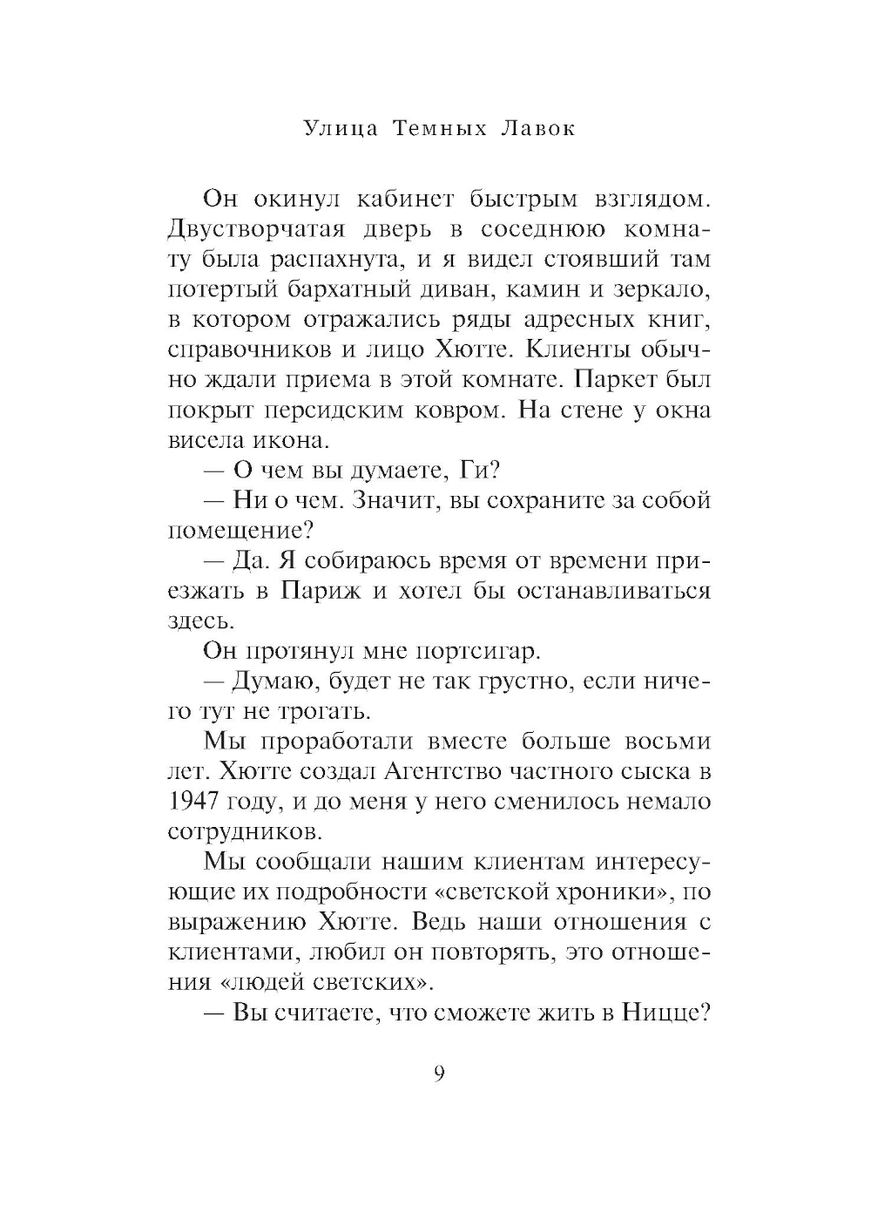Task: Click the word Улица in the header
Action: point(341,129)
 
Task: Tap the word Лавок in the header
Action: point(539,129)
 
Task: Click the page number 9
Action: point(439,1074)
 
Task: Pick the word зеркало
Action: point(664,289)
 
